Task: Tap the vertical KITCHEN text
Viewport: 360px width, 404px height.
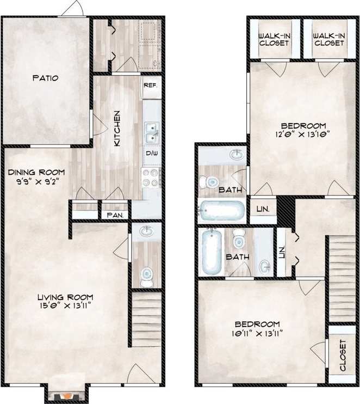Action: tap(116, 128)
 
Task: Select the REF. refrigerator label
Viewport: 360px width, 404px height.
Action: tap(151, 85)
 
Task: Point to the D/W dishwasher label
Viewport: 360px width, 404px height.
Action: tap(151, 154)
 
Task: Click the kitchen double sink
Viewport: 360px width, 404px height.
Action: tap(152, 131)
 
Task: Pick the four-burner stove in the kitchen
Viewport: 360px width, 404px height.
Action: tap(151, 176)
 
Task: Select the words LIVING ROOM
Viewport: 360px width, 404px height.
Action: tap(65, 297)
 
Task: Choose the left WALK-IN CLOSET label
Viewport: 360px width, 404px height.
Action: tap(274, 40)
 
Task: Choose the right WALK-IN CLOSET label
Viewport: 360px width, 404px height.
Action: tap(329, 40)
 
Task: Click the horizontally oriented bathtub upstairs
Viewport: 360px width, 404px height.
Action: tap(222, 210)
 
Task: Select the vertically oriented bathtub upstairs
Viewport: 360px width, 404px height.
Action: tap(212, 252)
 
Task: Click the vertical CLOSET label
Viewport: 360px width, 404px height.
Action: tap(343, 356)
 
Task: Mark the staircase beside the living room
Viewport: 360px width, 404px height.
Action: tap(146, 319)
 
